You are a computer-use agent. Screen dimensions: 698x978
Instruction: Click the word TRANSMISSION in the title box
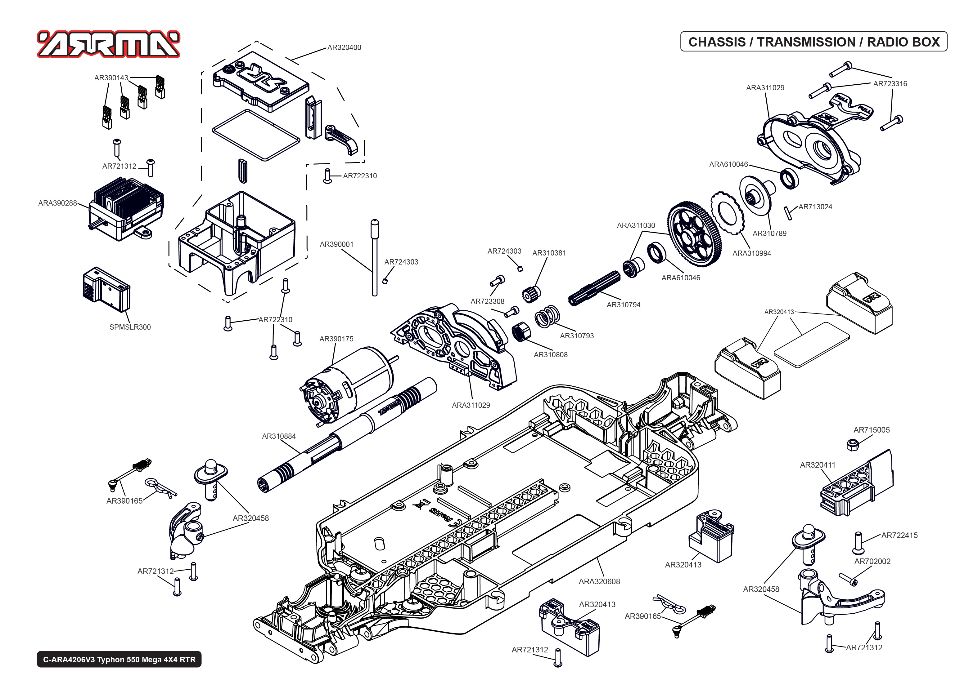tap(806, 42)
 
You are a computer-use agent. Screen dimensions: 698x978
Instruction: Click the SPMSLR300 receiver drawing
tap(106, 288)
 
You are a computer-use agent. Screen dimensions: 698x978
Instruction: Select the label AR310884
tap(279, 436)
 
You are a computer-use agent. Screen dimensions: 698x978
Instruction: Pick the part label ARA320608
tap(599, 581)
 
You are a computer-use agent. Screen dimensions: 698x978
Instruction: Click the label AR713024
tap(815, 207)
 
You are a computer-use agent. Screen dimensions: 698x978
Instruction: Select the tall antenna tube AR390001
tap(375, 258)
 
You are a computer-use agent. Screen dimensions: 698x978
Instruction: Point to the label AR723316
tap(890, 84)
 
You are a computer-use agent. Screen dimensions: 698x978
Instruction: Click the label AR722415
tap(899, 536)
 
